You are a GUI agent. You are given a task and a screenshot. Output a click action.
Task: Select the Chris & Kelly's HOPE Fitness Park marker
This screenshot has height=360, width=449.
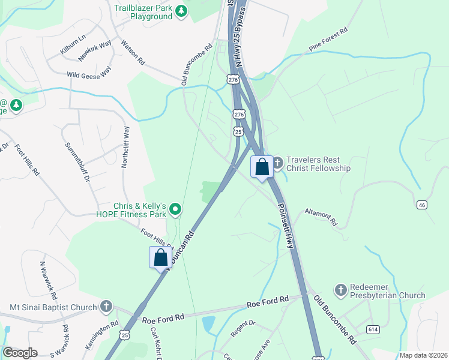(175, 209)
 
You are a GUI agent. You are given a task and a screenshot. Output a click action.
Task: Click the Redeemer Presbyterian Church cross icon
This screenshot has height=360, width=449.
(341, 291)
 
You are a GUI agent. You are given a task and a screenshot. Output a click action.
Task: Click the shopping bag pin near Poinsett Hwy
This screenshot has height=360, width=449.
(262, 167)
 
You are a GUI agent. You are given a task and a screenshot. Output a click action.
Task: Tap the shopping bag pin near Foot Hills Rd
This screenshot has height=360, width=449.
(160, 258)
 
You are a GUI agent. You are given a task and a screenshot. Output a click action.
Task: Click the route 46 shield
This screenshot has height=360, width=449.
(423, 205)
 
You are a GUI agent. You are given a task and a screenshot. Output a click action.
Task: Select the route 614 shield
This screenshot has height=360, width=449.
(373, 329)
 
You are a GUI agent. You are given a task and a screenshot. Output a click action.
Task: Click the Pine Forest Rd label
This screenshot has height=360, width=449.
(328, 39)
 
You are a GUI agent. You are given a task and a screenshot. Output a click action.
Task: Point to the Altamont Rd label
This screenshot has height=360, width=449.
(321, 217)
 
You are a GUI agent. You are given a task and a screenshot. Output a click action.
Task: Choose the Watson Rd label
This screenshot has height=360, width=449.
(133, 52)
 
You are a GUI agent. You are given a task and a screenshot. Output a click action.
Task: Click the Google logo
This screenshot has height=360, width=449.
(20, 353)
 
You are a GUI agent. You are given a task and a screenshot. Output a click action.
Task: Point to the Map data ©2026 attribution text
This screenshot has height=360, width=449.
(423, 355)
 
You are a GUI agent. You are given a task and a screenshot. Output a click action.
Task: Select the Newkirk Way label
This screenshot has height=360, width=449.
(95, 52)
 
